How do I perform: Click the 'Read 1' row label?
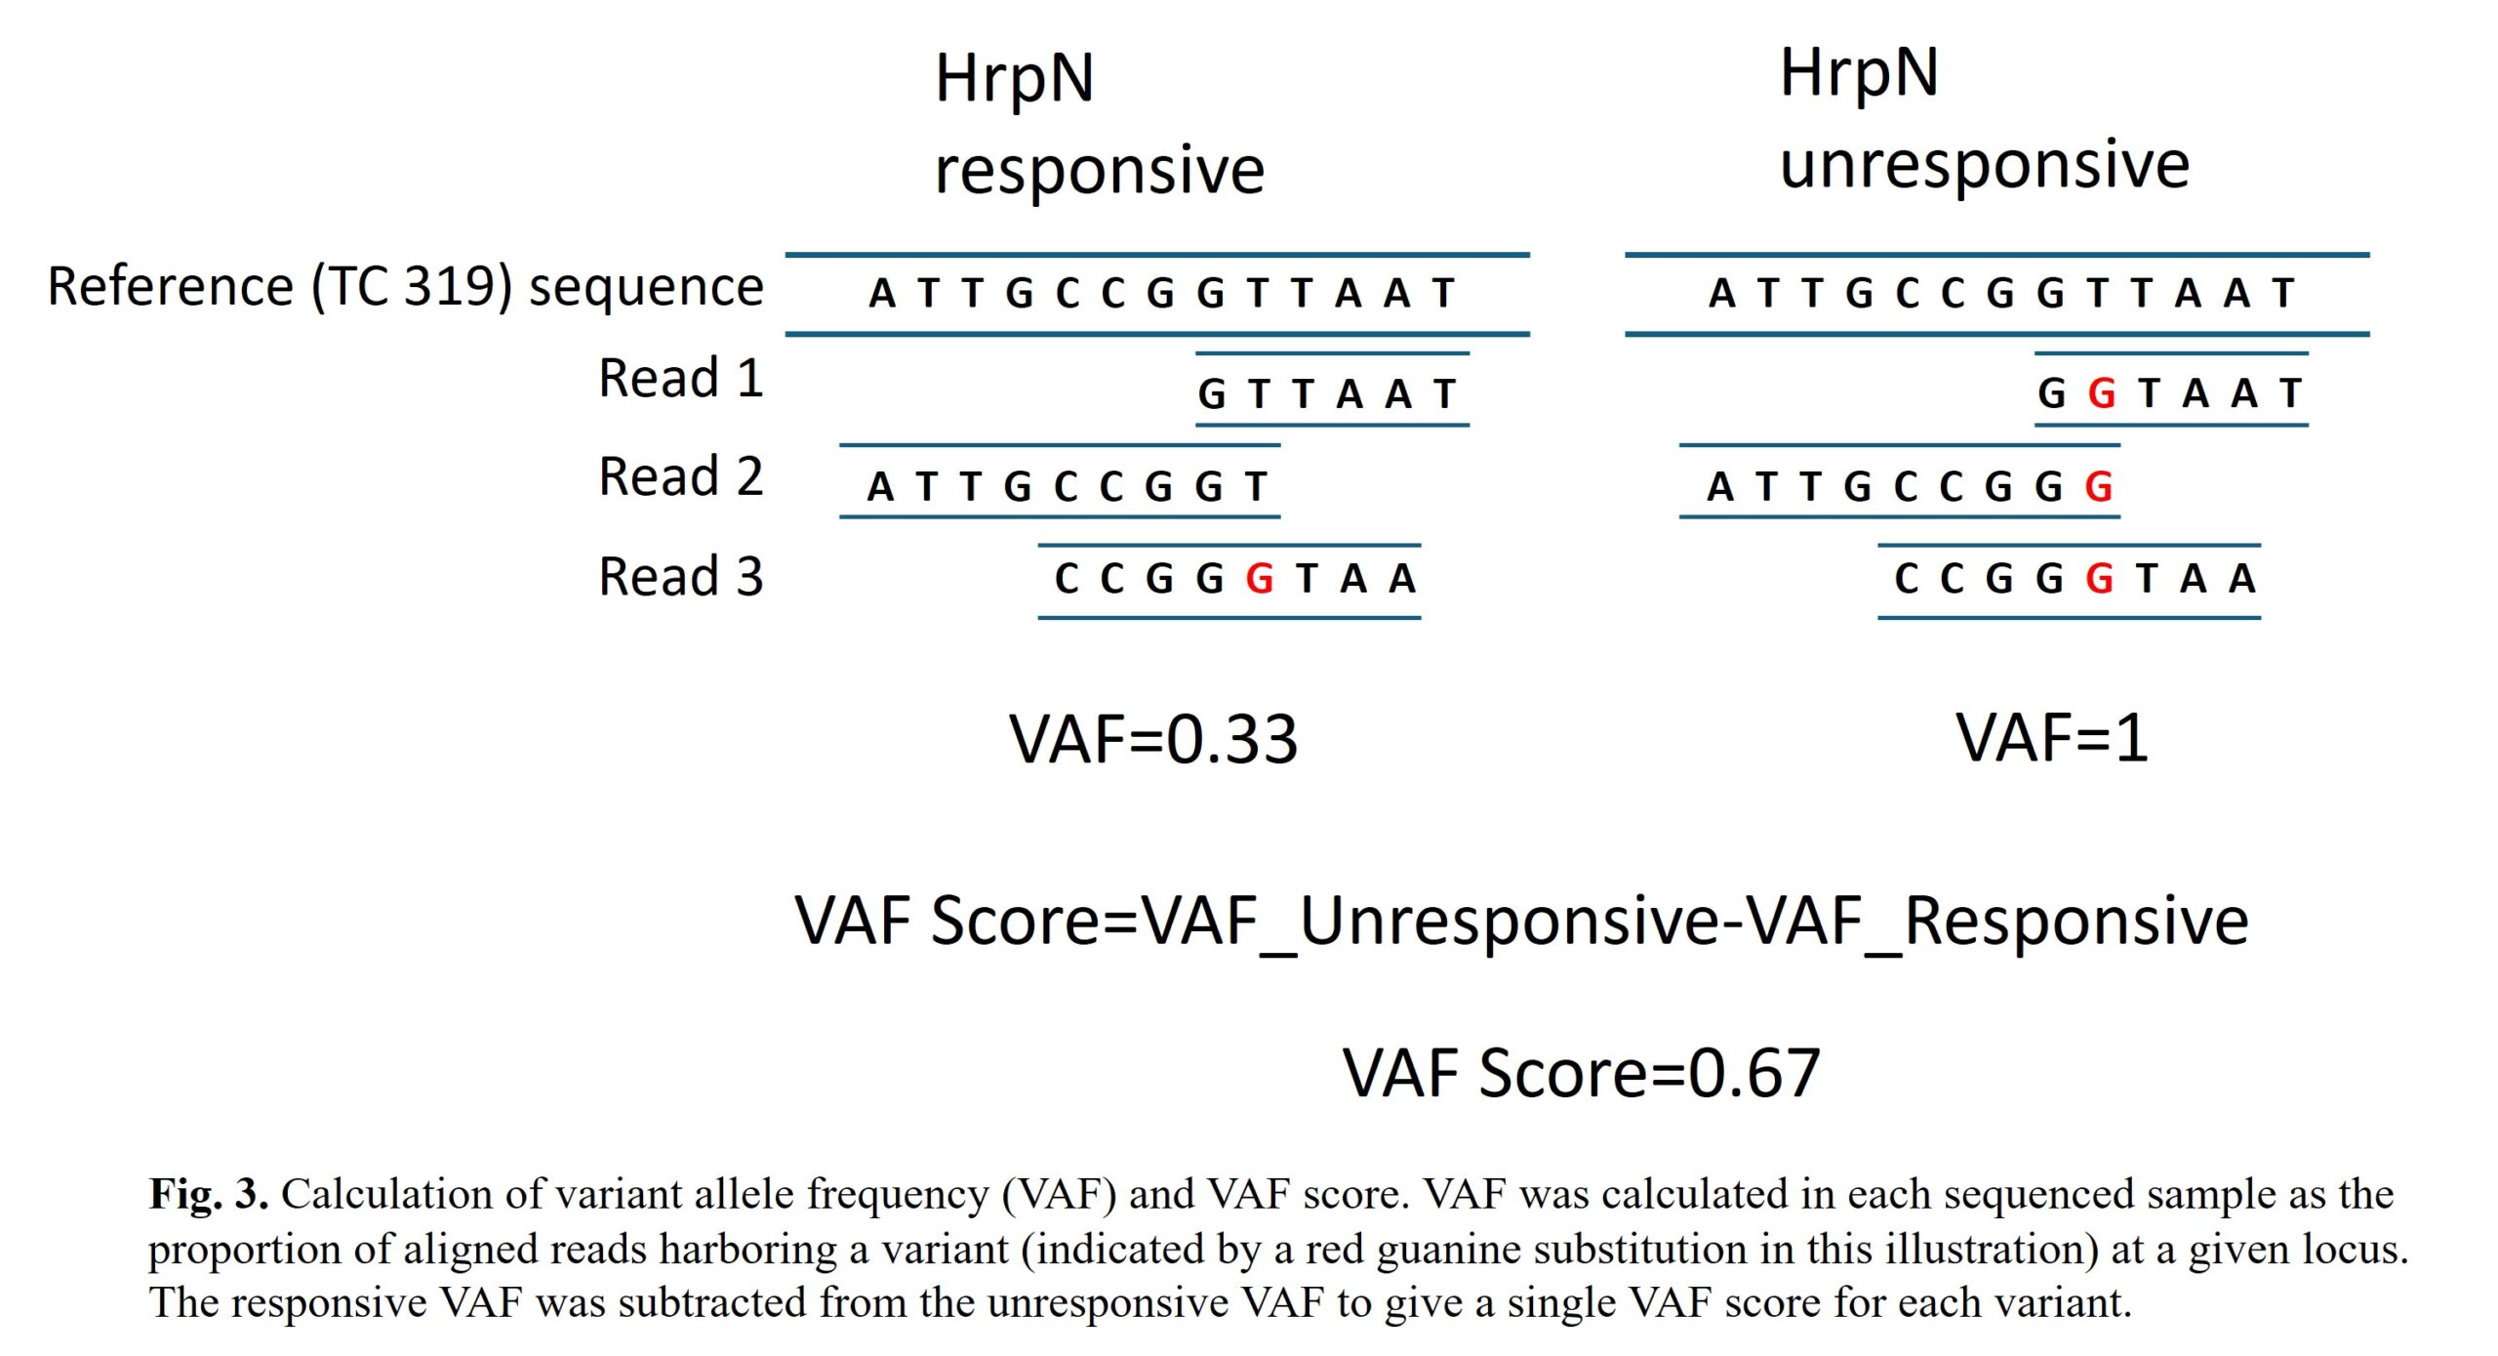click(680, 379)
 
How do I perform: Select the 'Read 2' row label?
click(680, 477)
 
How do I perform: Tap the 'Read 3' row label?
click(680, 577)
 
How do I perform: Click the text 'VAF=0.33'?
click(1153, 739)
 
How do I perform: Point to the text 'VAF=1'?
click(2052, 737)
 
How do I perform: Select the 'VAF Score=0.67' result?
click(1581, 1074)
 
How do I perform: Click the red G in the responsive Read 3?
click(1260, 579)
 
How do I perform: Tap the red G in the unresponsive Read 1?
click(2102, 394)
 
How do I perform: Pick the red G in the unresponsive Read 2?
click(2099, 486)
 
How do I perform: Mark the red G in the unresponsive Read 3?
click(2099, 579)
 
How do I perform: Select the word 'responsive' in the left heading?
click(1099, 171)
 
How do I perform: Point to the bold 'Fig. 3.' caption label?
click(208, 1194)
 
